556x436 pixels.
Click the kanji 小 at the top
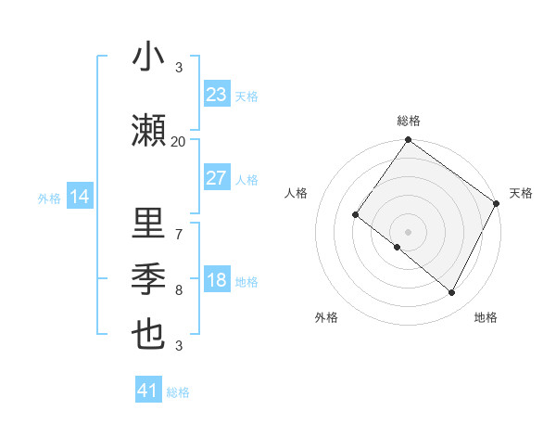coord(149,58)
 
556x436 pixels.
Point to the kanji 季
coord(149,279)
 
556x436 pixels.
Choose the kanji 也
coord(149,335)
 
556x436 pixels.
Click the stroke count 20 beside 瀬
coord(178,142)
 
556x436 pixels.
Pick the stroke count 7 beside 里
coord(178,234)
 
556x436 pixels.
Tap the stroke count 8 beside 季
coord(178,290)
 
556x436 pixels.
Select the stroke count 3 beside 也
coord(178,346)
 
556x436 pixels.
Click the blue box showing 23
coord(216,95)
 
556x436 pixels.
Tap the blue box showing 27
coord(216,178)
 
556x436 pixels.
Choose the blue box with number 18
coord(216,280)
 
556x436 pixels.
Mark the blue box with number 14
coord(79,197)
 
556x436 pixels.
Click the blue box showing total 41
coord(148,391)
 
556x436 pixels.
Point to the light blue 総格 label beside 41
coord(178,392)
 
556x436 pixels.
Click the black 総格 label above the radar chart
coord(408,121)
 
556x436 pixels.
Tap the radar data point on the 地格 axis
coord(452,293)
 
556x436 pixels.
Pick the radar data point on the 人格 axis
coord(355,215)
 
